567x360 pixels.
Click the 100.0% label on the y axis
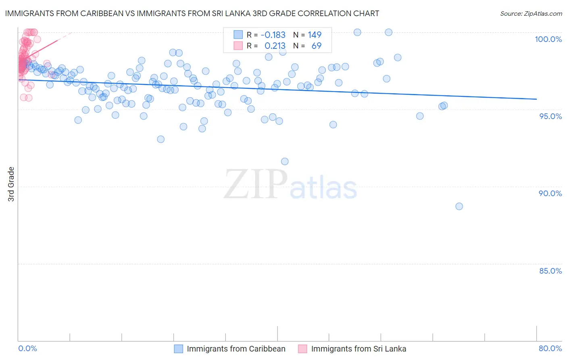click(548, 39)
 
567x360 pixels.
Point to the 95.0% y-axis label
click(550, 116)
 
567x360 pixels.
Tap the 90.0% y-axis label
click(550, 193)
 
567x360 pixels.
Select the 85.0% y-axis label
click(550, 271)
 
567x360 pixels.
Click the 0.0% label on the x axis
click(28, 348)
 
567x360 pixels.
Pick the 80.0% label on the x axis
click(550, 348)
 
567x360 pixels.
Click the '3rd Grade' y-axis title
click(11, 184)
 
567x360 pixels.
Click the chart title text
click(192, 13)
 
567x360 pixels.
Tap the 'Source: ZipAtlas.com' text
click(531, 13)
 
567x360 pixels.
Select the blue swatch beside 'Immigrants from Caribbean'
click(179, 349)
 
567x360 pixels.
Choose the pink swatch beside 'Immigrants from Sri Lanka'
click(302, 349)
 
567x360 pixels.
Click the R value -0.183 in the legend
click(273, 35)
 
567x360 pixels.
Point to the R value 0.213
click(275, 46)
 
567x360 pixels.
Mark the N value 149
click(315, 35)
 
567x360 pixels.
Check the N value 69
click(317, 46)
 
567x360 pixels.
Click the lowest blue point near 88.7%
click(459, 206)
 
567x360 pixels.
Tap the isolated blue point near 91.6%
click(285, 161)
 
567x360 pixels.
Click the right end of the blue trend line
click(536, 99)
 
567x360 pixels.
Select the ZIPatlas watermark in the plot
click(290, 185)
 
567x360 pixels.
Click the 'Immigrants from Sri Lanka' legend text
click(359, 349)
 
